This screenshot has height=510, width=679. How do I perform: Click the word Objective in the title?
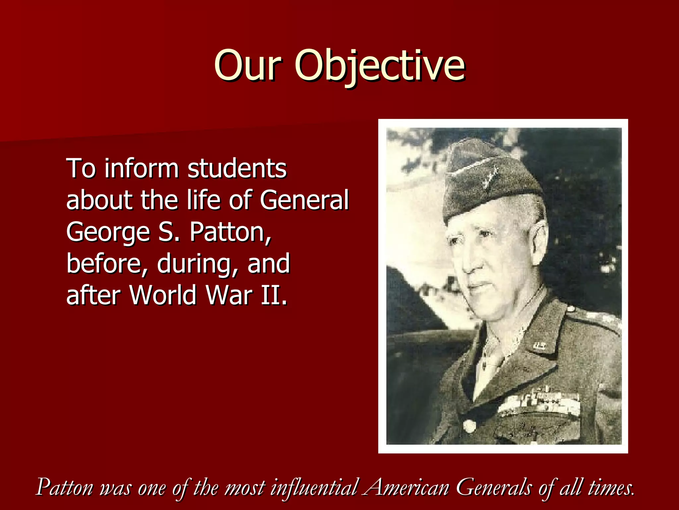click(380, 65)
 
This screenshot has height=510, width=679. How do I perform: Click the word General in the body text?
click(304, 200)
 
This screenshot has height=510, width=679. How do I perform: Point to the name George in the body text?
click(108, 232)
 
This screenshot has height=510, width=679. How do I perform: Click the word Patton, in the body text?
click(230, 232)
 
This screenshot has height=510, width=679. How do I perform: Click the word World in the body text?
click(163, 295)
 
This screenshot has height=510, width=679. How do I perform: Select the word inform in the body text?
click(142, 168)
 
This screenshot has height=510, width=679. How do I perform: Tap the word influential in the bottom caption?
click(314, 487)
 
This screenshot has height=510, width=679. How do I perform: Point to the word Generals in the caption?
click(494, 487)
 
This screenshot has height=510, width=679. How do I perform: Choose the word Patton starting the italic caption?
click(65, 487)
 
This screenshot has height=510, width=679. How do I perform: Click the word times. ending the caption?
click(611, 487)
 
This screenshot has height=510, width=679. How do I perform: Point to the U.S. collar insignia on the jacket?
click(539, 346)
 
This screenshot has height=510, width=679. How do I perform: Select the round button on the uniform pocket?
click(469, 425)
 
